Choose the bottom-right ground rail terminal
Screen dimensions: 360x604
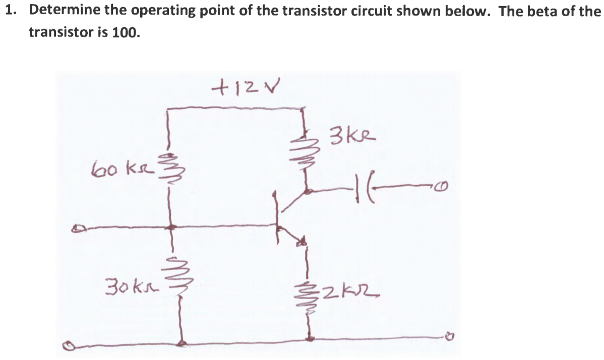tap(445, 335)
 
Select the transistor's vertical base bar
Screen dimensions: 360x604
tap(277, 217)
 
